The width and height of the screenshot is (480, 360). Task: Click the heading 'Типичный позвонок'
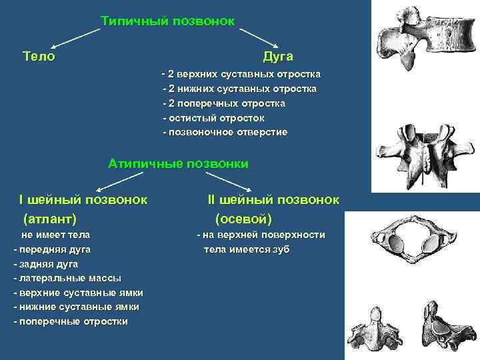167,21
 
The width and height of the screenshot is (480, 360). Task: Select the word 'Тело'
39,57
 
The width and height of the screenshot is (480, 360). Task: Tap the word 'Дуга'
278,57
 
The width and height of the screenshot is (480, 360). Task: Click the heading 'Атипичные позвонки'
178,163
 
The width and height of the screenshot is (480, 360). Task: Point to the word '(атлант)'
50,218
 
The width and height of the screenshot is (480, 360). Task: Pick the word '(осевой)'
243,218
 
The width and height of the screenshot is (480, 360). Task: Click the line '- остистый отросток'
213,118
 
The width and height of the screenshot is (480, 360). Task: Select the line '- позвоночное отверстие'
225,132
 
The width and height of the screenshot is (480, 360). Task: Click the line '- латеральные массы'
67,278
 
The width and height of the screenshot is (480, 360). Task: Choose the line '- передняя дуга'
53,249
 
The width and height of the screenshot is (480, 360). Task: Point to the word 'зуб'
280,249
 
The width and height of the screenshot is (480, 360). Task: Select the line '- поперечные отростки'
70,321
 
